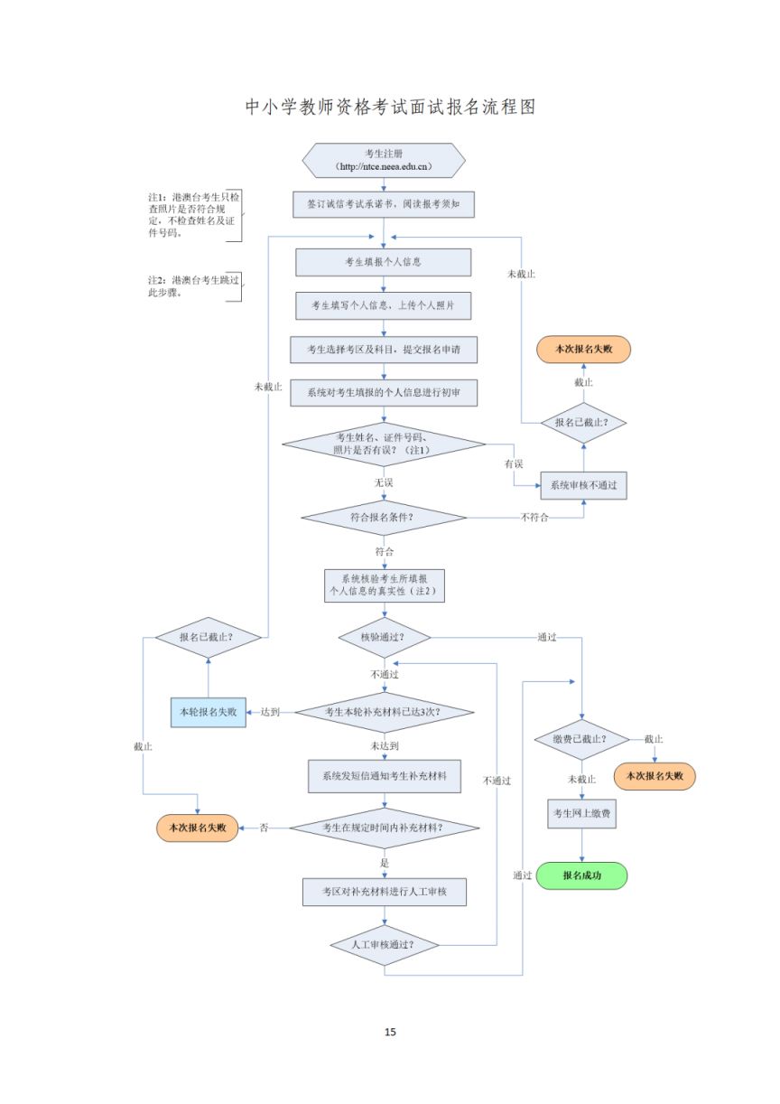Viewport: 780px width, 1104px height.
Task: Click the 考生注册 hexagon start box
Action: (384, 160)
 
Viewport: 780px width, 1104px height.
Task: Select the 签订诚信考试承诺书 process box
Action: (384, 204)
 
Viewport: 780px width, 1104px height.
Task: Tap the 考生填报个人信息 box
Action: (383, 262)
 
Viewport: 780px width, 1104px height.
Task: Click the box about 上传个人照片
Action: (383, 305)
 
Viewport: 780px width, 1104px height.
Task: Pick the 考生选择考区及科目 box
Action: (384, 350)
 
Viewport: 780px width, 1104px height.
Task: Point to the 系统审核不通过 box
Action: (583, 485)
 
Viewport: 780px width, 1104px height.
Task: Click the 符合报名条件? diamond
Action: (384, 518)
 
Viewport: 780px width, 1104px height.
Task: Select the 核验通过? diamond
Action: (384, 637)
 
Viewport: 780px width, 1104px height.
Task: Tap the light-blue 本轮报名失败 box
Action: (209, 712)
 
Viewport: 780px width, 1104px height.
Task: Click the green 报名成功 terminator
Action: (581, 875)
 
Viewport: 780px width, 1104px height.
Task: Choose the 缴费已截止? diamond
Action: (581, 739)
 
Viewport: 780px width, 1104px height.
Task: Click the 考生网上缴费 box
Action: (581, 813)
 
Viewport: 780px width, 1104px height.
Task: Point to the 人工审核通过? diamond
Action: (384, 945)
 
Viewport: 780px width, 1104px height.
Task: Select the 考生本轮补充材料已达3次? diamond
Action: (384, 712)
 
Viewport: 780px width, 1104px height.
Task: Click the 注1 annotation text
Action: (193, 215)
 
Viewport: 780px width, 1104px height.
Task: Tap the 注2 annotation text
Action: (193, 286)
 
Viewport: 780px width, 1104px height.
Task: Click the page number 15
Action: (390, 1032)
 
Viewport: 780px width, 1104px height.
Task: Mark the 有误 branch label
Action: (514, 463)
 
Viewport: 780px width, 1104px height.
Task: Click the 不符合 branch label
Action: (534, 518)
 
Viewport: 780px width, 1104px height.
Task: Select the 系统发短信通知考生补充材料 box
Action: (385, 776)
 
